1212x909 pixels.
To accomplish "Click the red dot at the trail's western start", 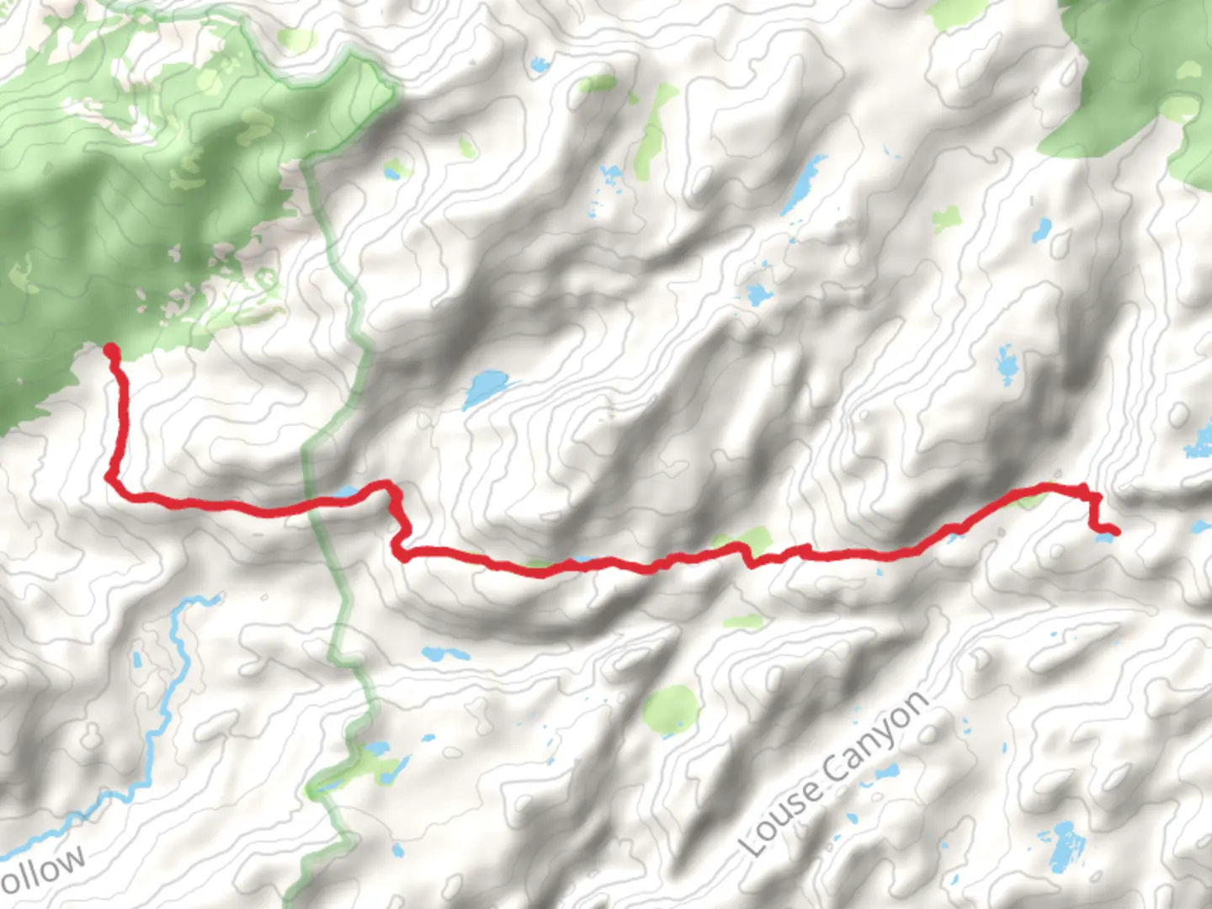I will (x=110, y=350).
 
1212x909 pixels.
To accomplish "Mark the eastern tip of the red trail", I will (x=1114, y=531).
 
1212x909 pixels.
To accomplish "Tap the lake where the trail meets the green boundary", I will (x=345, y=492).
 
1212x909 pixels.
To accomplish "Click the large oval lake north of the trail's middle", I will (x=486, y=388).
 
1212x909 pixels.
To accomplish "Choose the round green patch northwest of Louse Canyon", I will (x=671, y=708).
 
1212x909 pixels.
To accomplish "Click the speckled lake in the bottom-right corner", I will (x=1062, y=845).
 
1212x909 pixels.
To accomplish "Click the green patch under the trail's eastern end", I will (x=1029, y=501).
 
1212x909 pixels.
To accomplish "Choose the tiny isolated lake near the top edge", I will (x=539, y=63).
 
